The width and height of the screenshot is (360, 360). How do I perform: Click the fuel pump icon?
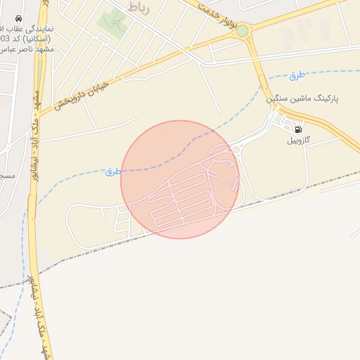(x=298, y=129)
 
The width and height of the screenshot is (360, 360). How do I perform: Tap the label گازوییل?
(x=302, y=141)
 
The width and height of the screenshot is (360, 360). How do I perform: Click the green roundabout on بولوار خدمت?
(x=243, y=31)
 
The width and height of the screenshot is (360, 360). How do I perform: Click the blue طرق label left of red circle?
(x=112, y=172)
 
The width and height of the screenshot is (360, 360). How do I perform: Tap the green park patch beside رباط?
(x=112, y=21)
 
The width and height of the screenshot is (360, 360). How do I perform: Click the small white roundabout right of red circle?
(x=237, y=149)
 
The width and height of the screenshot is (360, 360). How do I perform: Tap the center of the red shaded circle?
(x=180, y=179)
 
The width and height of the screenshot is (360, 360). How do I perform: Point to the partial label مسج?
(x=7, y=174)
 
